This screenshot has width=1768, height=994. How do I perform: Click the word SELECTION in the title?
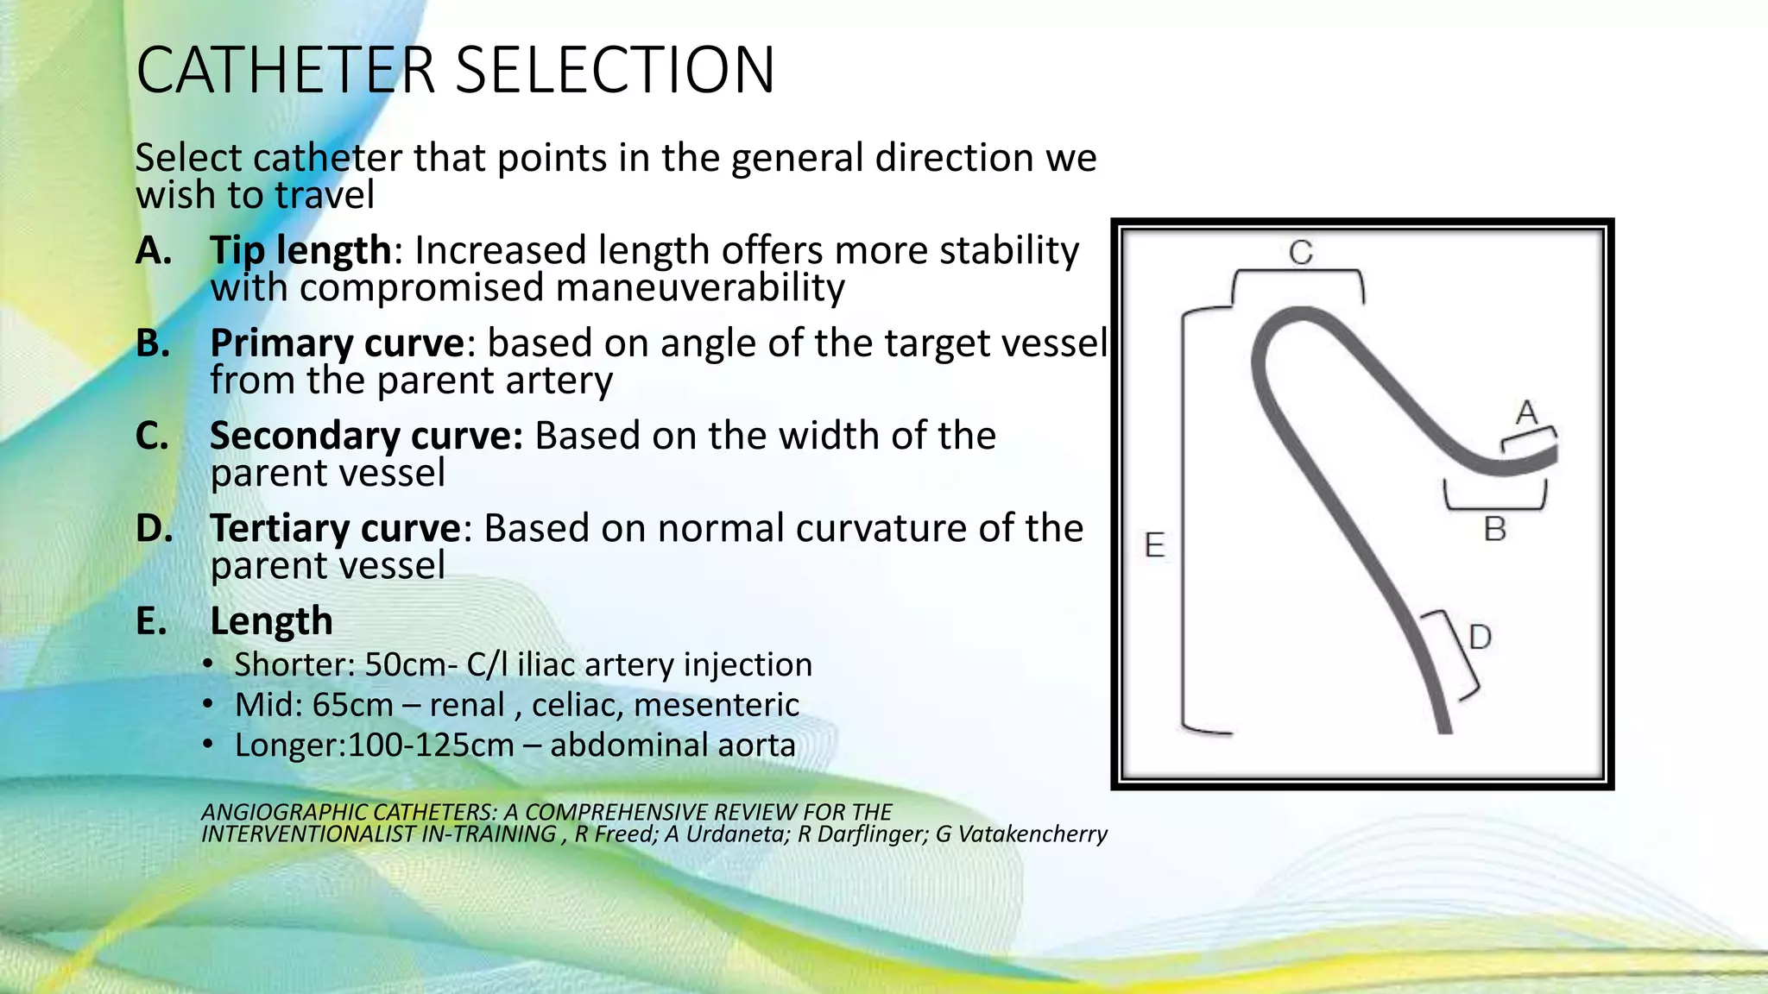coord(614,71)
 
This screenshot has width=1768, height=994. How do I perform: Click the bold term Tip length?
coord(300,250)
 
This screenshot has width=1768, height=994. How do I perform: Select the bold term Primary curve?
coord(338,343)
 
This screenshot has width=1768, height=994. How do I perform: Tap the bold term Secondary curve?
coord(365,436)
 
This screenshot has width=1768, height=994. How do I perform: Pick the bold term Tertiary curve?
coord(336,528)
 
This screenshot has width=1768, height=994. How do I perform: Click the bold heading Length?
coord(271,621)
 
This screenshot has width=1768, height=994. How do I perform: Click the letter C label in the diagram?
coord(1300,253)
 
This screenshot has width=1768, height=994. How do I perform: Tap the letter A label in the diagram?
coord(1526,412)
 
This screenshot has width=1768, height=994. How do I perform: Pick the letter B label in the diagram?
coord(1494,529)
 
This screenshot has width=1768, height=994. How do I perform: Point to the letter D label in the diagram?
coord(1480,638)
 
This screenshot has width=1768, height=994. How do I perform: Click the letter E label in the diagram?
coord(1154,545)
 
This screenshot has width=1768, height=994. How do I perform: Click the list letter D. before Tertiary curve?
coord(154,528)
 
